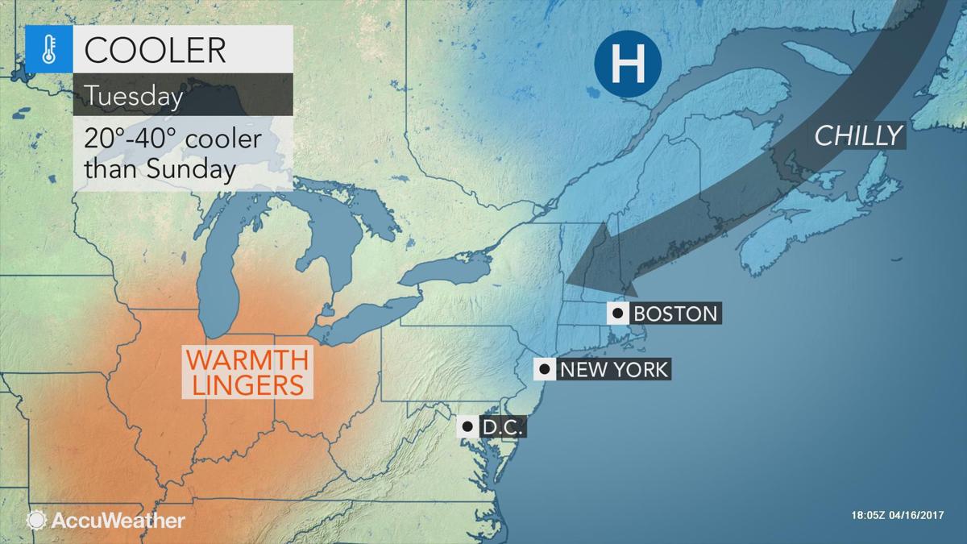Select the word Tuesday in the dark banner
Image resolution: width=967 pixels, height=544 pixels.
[x=134, y=97]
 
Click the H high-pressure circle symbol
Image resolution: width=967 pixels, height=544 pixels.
[x=628, y=64]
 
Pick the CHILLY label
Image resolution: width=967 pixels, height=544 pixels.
[x=857, y=136]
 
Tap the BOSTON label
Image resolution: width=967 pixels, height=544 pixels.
[x=674, y=313]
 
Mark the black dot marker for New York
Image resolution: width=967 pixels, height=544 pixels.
[x=545, y=370]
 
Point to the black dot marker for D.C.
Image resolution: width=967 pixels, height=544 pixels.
[x=467, y=426]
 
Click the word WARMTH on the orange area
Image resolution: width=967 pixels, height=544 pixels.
[x=247, y=356]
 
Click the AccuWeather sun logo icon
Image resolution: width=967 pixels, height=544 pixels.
[x=36, y=520]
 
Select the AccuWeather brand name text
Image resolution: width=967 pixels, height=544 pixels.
[x=118, y=521]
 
